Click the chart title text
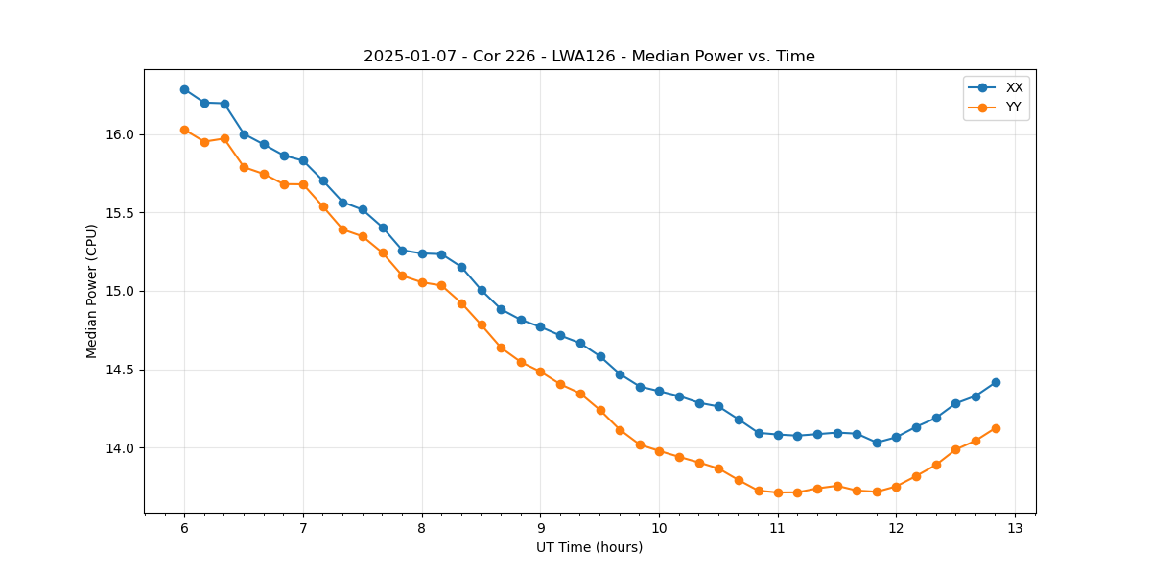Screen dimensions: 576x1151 589,57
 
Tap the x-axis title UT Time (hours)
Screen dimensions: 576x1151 589,547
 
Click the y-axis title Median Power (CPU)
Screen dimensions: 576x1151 92,291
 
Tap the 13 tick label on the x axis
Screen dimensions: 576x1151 1015,529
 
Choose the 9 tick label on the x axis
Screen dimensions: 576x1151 540,529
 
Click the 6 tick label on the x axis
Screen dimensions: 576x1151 184,529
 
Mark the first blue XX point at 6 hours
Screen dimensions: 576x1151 184,89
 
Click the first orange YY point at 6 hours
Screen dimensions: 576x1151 184,130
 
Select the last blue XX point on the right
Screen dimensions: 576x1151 996,382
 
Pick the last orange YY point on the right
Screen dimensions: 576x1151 996,428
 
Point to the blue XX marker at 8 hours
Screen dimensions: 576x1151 422,253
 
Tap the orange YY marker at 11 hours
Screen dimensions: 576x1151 778,492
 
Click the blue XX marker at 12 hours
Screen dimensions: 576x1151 896,437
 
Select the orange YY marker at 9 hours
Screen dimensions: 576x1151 540,372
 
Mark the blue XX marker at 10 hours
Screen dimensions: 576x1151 659,391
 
